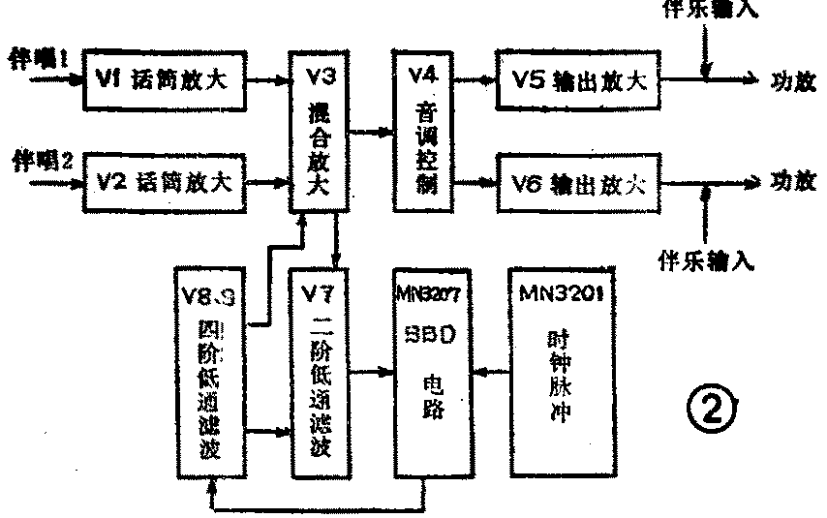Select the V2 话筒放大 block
coord(164,181)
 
